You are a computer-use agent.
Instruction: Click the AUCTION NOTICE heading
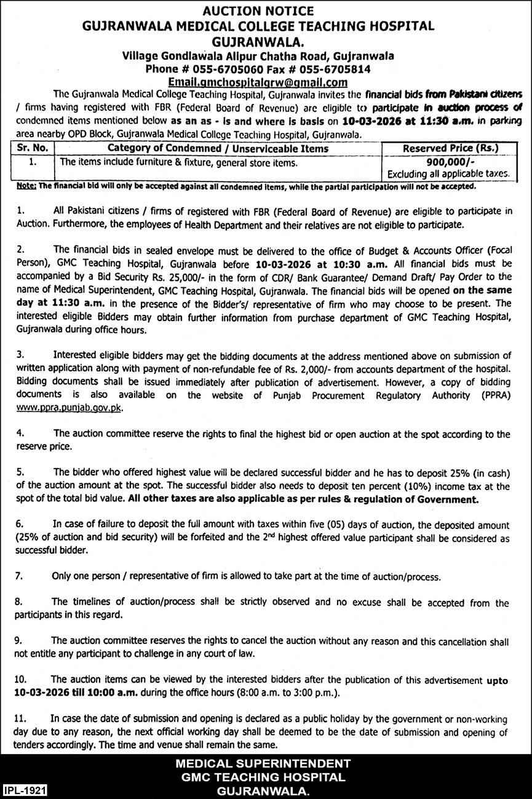[266, 10]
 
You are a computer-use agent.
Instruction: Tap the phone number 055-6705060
[233, 69]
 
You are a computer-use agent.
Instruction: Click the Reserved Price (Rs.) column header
[451, 148]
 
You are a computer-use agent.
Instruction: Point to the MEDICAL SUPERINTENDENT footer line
[263, 763]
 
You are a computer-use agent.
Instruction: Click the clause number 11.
[20, 718]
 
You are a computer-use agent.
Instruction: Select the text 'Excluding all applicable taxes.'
[453, 174]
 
